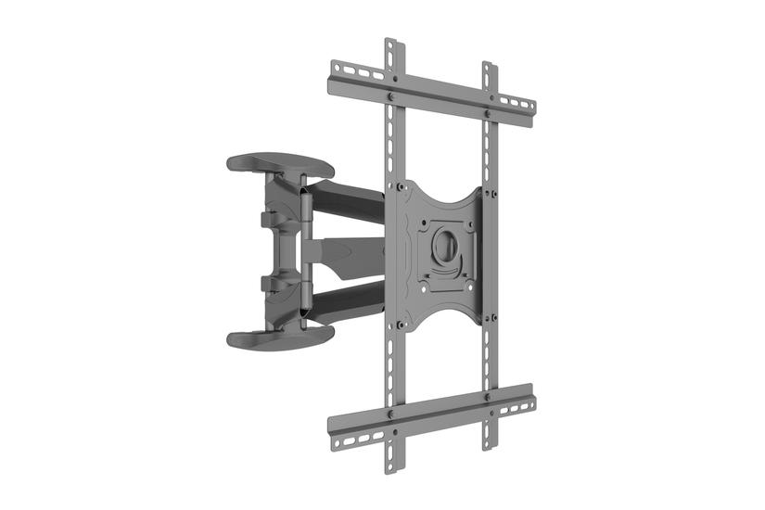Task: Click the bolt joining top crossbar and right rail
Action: [487, 113]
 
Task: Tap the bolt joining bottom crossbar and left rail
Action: [391, 412]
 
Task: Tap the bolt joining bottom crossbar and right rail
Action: [487, 397]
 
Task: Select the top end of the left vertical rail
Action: [390, 45]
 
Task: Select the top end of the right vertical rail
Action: [487, 68]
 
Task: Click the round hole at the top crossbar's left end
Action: [337, 70]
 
